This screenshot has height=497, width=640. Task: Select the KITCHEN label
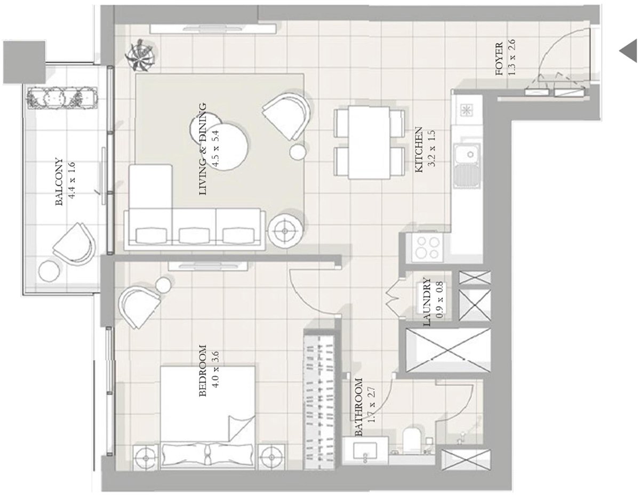(x=419, y=149)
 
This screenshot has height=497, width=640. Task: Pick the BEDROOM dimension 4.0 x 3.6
(x=215, y=371)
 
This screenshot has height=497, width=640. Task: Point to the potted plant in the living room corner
(x=141, y=56)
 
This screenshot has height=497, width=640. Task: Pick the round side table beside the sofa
(x=286, y=230)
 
